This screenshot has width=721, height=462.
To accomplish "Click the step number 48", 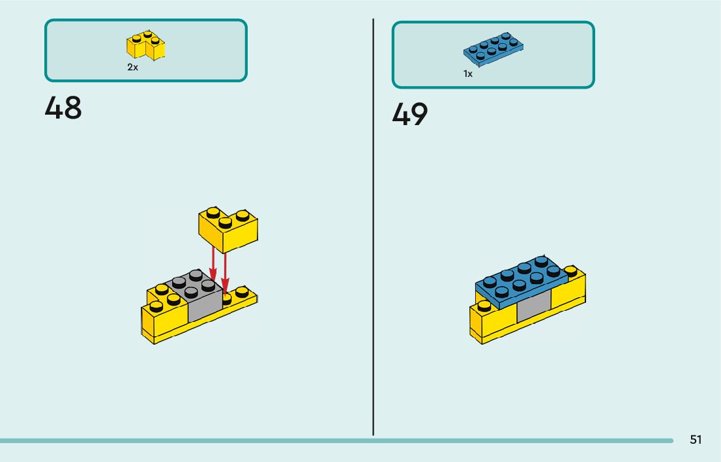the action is (63, 108).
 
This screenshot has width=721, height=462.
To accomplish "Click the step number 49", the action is (410, 115).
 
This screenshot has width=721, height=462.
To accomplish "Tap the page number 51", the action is (696, 440).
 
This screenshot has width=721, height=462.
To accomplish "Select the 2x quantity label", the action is (132, 67).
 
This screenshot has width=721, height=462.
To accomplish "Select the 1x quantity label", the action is (468, 74).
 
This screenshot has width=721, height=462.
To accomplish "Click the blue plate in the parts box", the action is (494, 48).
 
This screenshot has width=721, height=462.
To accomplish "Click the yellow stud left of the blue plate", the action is (483, 305).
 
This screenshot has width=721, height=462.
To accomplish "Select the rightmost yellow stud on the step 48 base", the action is (242, 291).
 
